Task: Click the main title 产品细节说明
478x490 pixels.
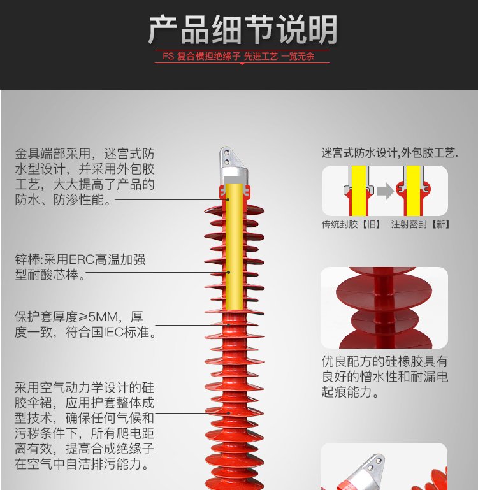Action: pyautogui.click(x=242, y=30)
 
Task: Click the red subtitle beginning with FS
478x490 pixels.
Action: pyautogui.click(x=238, y=56)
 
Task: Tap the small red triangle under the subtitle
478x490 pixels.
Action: pyautogui.click(x=242, y=64)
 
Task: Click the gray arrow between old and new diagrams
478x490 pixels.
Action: pyautogui.click(x=385, y=191)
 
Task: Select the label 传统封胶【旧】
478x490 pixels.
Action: pyautogui.click(x=351, y=224)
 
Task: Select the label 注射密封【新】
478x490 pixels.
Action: pyautogui.click(x=421, y=224)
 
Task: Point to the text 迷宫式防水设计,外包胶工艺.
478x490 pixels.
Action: pyautogui.click(x=389, y=153)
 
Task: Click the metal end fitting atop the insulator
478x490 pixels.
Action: pyautogui.click(x=233, y=166)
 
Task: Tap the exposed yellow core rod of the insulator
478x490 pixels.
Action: pyautogui.click(x=234, y=247)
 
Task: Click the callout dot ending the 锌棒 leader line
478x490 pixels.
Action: pyautogui.click(x=229, y=273)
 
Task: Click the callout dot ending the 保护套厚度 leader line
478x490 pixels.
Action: pyautogui.click(x=229, y=325)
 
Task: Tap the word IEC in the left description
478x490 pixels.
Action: pyautogui.click(x=114, y=332)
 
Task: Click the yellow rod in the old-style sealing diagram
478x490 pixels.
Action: pyautogui.click(x=359, y=191)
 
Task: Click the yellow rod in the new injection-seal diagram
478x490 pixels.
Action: pyautogui.click(x=413, y=191)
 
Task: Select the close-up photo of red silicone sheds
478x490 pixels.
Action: pyautogui.click(x=384, y=308)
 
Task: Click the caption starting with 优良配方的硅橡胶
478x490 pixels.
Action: pyautogui.click(x=385, y=377)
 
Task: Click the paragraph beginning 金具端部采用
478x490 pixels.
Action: pyautogui.click(x=85, y=177)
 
